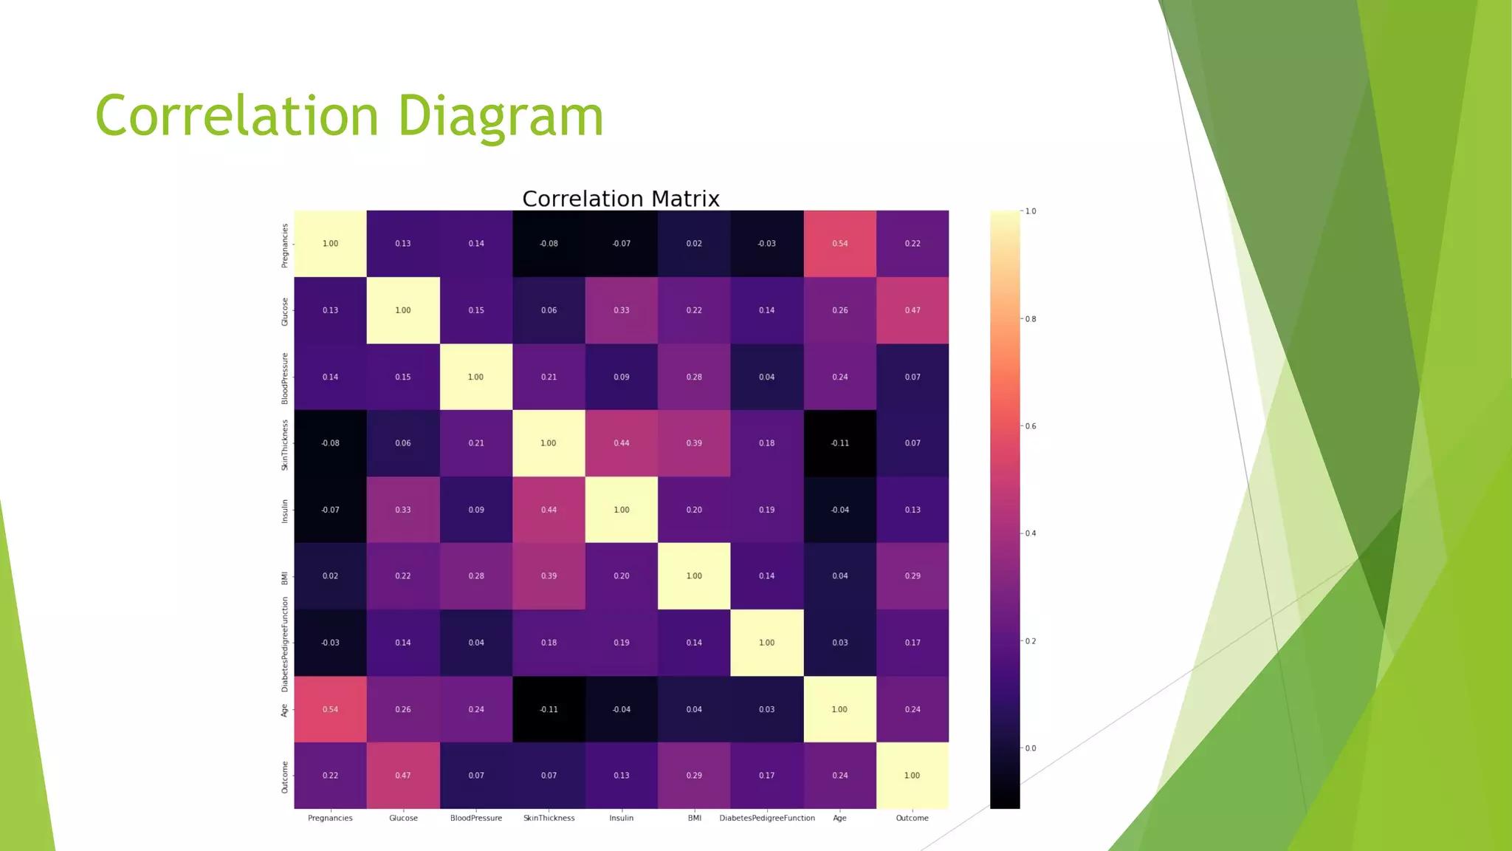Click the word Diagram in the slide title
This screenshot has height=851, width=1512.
[x=501, y=117]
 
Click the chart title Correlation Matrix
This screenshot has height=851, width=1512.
[x=620, y=199]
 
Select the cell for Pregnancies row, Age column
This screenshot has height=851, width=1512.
[x=839, y=244]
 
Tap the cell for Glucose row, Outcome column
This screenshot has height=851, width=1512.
[x=913, y=310]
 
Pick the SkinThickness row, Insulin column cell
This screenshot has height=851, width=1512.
[x=621, y=443]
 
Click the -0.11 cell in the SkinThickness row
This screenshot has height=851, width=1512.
[x=839, y=443]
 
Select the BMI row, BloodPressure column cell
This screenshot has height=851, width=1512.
[x=476, y=576]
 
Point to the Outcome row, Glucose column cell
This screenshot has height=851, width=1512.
[x=403, y=776]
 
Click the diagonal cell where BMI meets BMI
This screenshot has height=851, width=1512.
[x=694, y=576]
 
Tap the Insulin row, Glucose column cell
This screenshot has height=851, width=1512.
[x=403, y=510]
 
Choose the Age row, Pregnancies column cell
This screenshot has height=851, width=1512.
[x=330, y=709]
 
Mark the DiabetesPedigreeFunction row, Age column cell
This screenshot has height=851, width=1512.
[x=839, y=643]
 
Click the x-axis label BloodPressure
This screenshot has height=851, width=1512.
[x=476, y=818]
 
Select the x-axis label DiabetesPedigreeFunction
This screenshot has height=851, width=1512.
[x=767, y=818]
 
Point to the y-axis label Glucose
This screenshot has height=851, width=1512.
[x=285, y=312]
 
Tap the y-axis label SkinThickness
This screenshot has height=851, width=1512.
[x=285, y=445]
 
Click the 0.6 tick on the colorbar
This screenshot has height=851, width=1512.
[x=1030, y=426]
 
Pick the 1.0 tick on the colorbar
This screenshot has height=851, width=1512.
[x=1030, y=211]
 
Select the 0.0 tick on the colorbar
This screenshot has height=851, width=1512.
[x=1030, y=748]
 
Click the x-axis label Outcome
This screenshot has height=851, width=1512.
[x=912, y=818]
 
